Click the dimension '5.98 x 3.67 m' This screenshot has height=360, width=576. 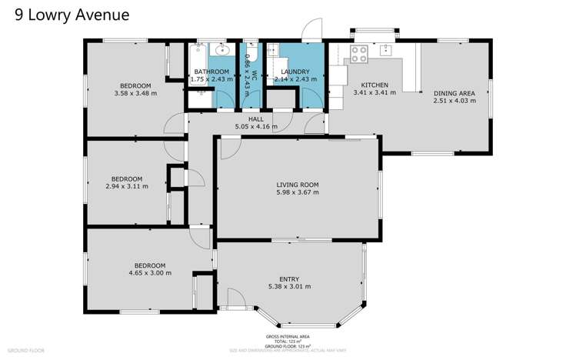pyautogui.click(x=298, y=192)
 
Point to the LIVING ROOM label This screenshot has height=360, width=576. pyautogui.click(x=298, y=185)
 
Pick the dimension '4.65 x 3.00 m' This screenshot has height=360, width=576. pyautogui.click(x=150, y=272)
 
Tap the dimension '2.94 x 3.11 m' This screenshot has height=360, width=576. pyautogui.click(x=126, y=185)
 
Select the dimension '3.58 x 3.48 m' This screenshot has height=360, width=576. pyautogui.click(x=135, y=92)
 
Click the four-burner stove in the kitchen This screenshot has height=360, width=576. pyautogui.click(x=358, y=53)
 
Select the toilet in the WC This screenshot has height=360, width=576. pyautogui.click(x=251, y=53)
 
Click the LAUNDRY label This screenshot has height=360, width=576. pyautogui.click(x=295, y=72)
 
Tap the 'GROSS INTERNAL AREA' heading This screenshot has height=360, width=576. pyautogui.click(x=288, y=336)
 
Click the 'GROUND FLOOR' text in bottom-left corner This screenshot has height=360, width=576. pyautogui.click(x=26, y=350)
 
